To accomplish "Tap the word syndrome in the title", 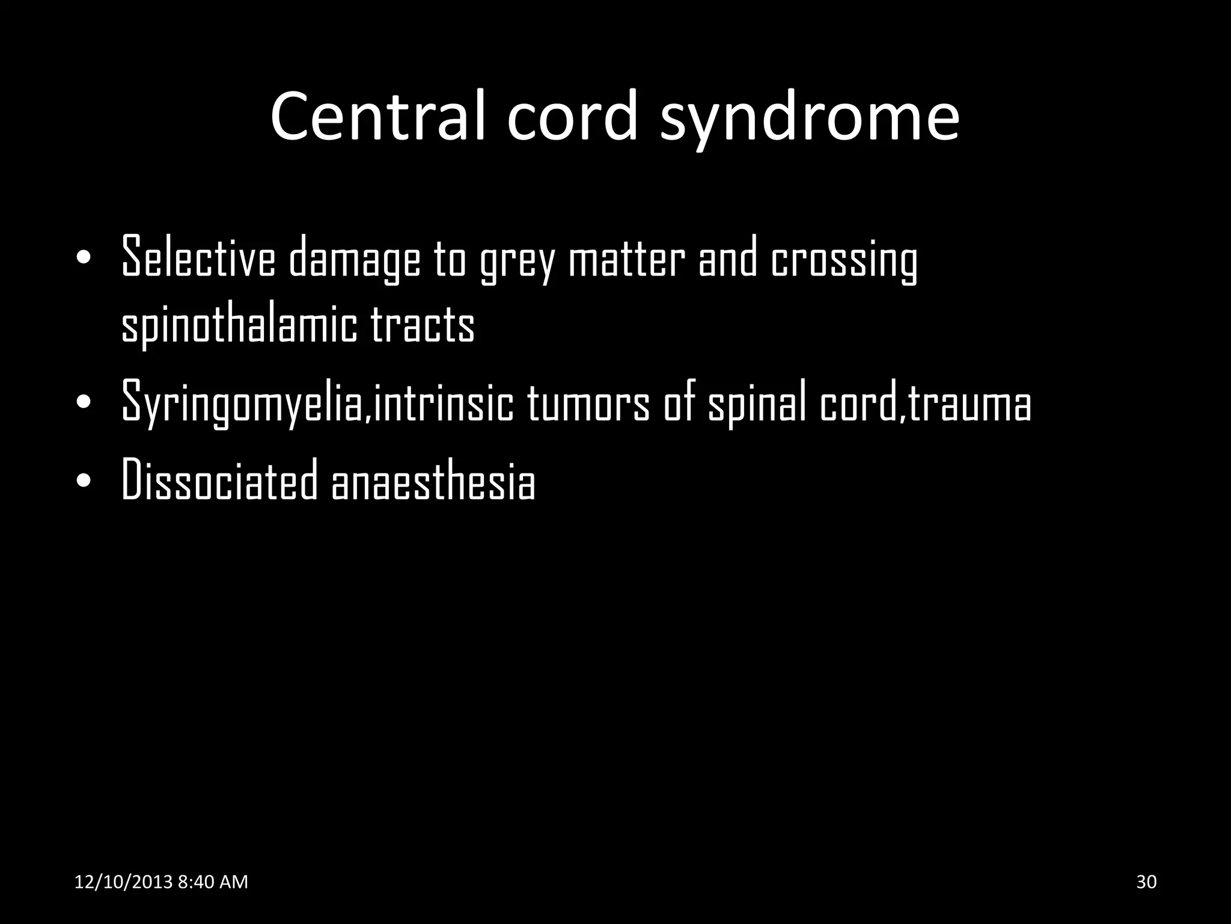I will [x=810, y=118].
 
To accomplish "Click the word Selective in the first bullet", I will [x=198, y=257].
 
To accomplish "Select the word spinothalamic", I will [x=239, y=325].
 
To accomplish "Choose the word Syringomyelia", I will [x=243, y=403].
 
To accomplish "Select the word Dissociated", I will [x=219, y=480].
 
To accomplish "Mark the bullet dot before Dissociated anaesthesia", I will [x=84, y=482].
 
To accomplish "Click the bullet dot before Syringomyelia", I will [x=84, y=402].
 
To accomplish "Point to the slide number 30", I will [x=1146, y=882].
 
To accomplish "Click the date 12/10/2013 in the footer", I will [x=124, y=882].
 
